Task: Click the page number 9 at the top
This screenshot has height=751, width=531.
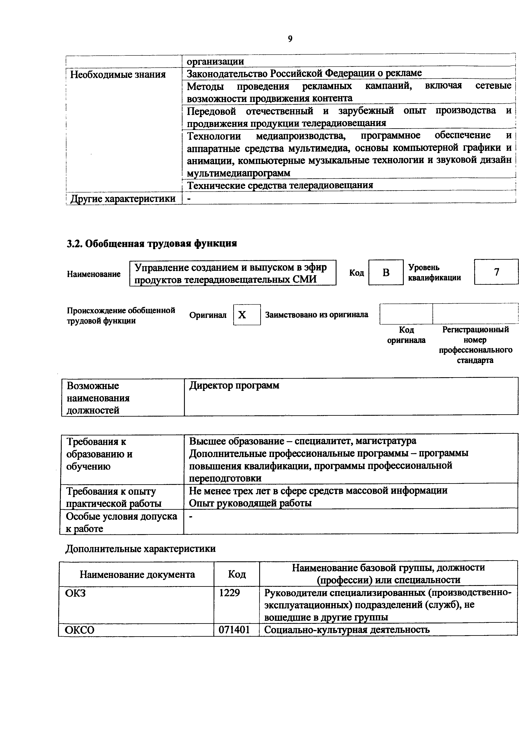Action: point(290,39)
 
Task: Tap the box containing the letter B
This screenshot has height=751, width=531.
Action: point(386,272)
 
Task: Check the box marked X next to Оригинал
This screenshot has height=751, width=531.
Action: point(247,315)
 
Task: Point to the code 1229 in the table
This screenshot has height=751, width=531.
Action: point(229,592)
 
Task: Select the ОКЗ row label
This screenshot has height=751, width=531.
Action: point(75,592)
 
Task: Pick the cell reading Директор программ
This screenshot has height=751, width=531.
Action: point(234,386)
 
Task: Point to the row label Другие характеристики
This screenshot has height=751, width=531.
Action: point(123,198)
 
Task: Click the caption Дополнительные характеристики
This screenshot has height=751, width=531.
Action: point(141,548)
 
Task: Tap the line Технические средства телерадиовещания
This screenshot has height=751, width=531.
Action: point(280,185)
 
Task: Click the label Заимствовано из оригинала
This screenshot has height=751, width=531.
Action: point(316,315)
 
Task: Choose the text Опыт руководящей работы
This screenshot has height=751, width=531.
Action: point(250,503)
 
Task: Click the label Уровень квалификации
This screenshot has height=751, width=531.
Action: point(434,273)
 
